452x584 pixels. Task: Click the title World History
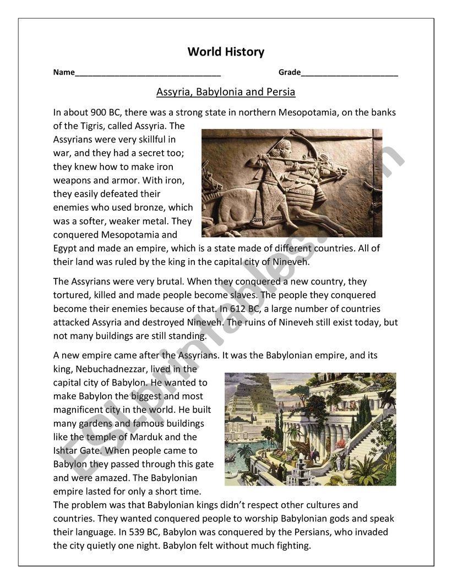pyautogui.click(x=226, y=52)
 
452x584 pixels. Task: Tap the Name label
pyautogui.click(x=64, y=73)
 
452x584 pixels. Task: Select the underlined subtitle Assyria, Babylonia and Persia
pyautogui.click(x=226, y=92)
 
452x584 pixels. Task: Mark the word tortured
pyautogui.click(x=72, y=295)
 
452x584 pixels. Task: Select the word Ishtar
pyautogui.click(x=66, y=450)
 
